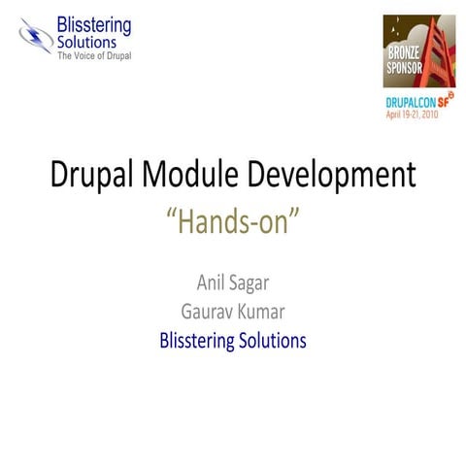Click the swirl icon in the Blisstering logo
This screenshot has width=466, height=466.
coord(36,36)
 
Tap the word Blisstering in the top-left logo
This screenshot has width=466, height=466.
coord(93,25)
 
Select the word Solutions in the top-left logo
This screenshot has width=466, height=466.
coord(86,42)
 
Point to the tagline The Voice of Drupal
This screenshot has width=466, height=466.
coord(94,55)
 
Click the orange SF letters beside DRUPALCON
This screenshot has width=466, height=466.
coord(443,101)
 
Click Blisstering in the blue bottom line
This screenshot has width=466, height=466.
coord(198,342)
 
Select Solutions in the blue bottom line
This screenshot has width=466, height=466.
coord(275,341)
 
